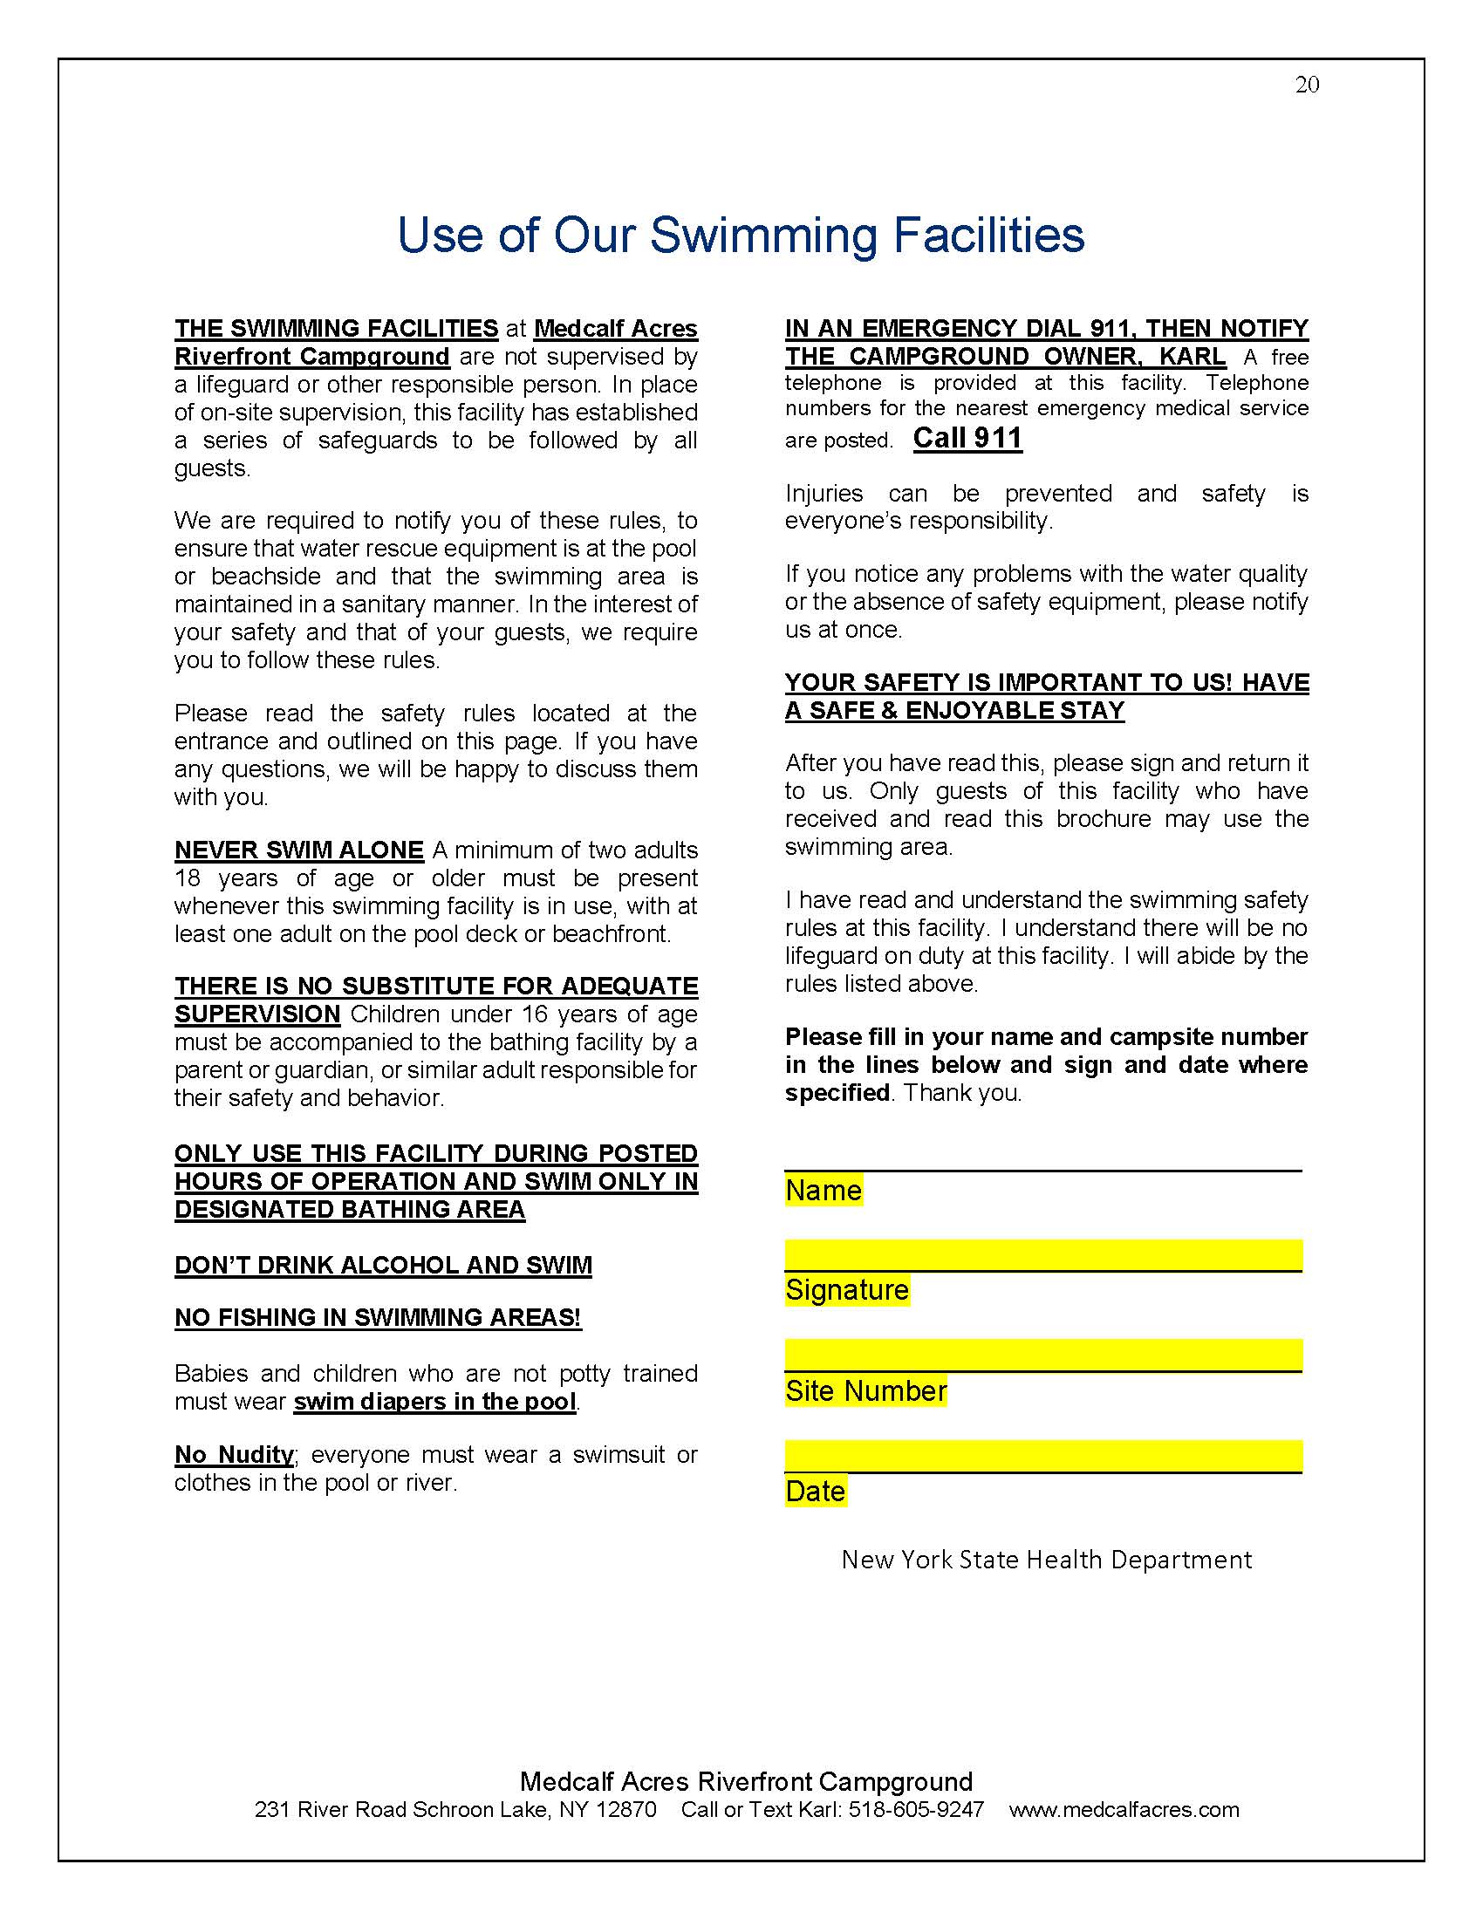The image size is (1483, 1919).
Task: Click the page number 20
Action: tap(1307, 85)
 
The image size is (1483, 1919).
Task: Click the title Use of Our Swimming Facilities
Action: tap(741, 236)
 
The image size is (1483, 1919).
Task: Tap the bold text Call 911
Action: tap(967, 438)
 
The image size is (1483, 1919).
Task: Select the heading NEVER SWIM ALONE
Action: tap(298, 850)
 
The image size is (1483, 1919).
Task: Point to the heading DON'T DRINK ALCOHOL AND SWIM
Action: tap(383, 1266)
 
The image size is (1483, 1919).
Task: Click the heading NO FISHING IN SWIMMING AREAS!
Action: tap(378, 1317)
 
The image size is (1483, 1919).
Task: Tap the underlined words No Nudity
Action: tap(234, 1454)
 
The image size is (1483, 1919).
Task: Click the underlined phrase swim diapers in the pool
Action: tap(435, 1402)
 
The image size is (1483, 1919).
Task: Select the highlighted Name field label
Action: tap(824, 1191)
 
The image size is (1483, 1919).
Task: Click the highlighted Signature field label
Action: tap(847, 1290)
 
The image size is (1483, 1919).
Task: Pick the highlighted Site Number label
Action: tap(865, 1391)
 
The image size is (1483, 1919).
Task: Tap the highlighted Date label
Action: tap(816, 1491)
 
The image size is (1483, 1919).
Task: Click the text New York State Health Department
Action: tap(1046, 1560)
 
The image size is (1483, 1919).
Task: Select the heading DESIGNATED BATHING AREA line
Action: tap(350, 1210)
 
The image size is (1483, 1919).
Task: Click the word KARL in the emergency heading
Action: tap(1193, 356)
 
